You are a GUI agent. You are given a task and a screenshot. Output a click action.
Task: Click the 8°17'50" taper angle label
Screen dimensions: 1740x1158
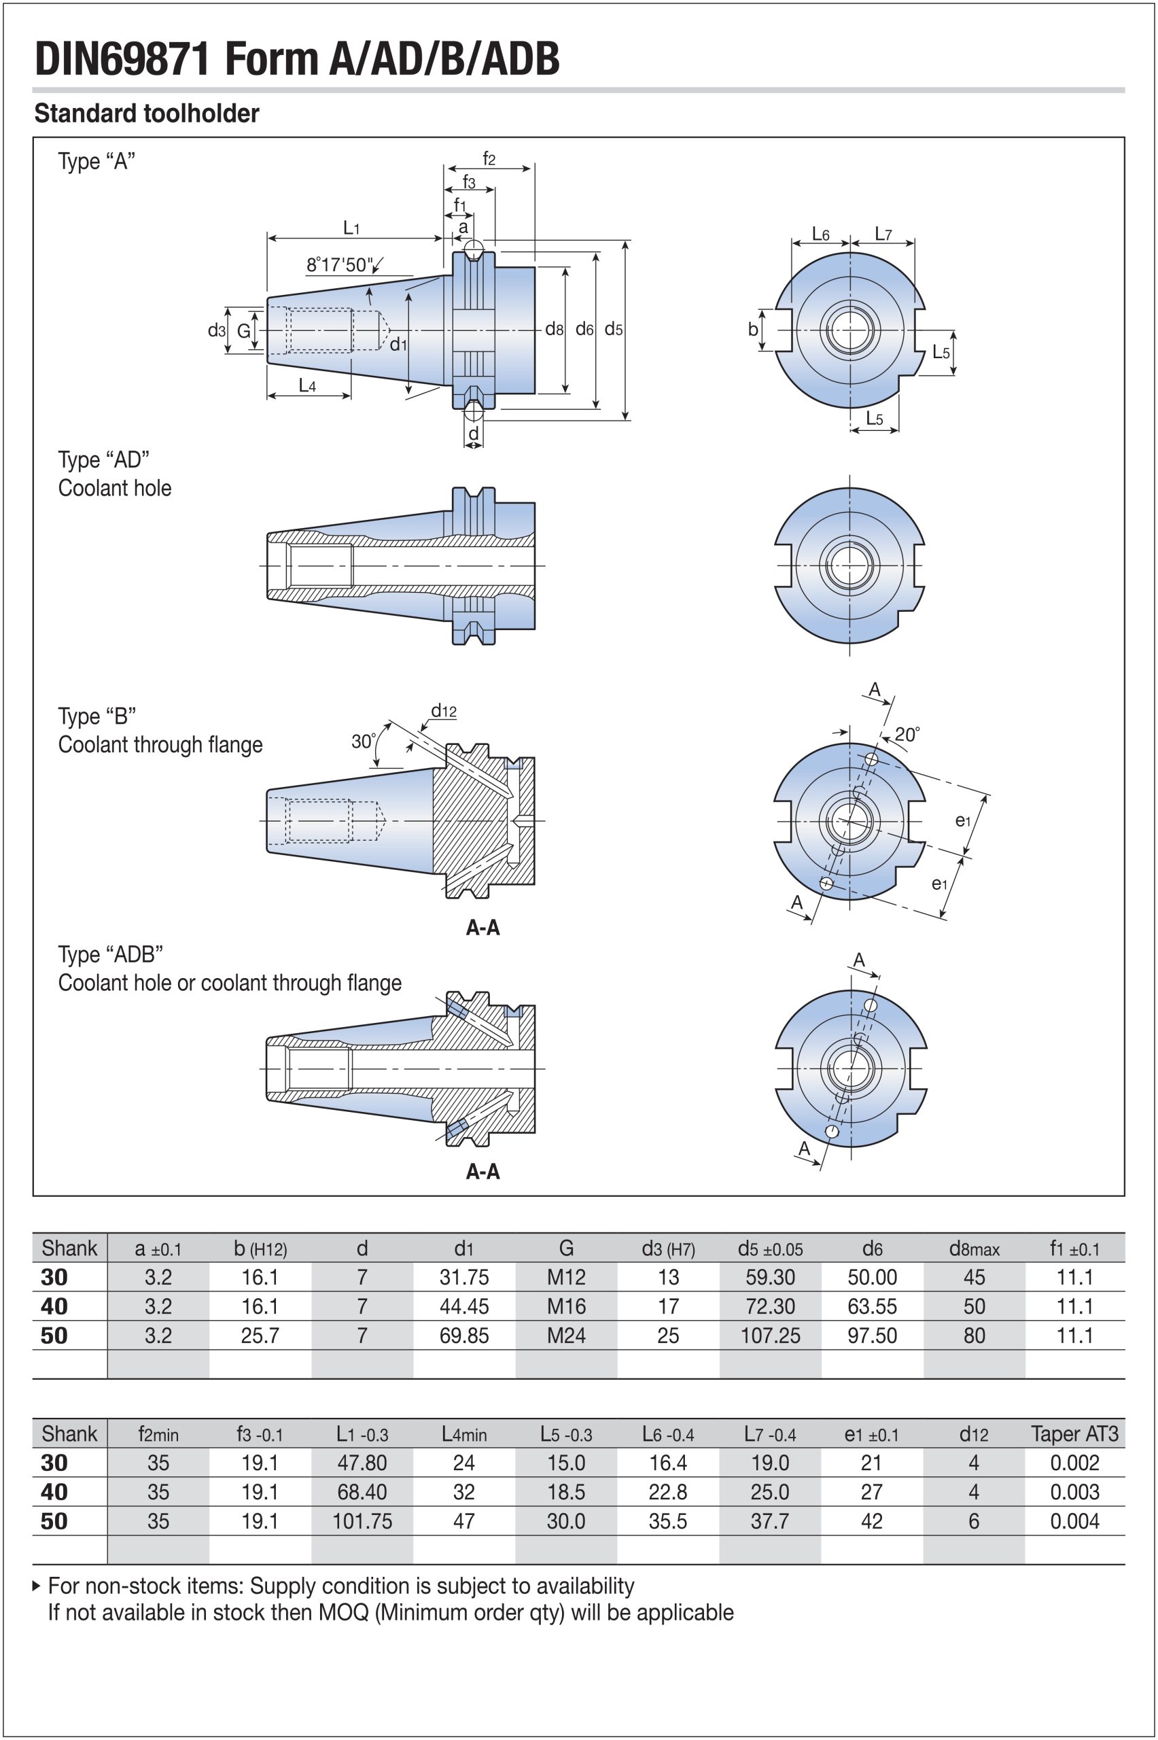pos(340,264)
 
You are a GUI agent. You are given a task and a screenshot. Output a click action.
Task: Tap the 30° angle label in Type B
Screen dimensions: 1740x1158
pos(364,741)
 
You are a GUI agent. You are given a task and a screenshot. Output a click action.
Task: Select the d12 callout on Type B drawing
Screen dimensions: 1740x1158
pos(444,710)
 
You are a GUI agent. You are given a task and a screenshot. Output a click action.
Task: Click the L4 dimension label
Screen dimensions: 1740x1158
pos(307,385)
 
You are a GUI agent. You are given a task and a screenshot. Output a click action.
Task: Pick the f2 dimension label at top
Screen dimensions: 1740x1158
pos(488,158)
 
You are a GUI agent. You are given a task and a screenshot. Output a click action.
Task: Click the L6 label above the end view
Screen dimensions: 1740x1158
pos(820,235)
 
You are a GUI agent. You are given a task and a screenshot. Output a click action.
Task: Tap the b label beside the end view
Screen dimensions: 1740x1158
pos(752,330)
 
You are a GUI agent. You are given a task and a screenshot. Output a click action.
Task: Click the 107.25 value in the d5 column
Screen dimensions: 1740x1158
pos(769,1336)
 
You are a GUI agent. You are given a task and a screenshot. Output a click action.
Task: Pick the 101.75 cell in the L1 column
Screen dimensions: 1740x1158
pos(362,1521)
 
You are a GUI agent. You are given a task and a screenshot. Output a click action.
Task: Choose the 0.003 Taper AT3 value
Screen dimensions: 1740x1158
pos(1074,1492)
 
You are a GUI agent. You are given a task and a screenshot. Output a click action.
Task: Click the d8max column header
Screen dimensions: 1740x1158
pos(973,1249)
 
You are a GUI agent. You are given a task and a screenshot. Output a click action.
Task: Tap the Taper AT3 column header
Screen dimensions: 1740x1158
pos(1074,1434)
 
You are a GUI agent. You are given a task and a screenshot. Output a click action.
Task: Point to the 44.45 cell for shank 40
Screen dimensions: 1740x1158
pos(463,1306)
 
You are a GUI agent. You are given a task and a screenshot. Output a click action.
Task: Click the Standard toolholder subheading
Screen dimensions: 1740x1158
pos(147,114)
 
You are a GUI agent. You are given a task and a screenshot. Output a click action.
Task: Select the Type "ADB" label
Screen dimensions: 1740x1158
pos(110,955)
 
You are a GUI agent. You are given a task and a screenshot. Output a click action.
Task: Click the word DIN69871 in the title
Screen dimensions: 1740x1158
pos(122,59)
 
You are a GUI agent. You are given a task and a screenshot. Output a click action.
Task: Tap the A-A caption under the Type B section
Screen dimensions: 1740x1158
pos(483,928)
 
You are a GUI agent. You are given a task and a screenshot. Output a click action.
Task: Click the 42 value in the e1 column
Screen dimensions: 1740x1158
pos(871,1521)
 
